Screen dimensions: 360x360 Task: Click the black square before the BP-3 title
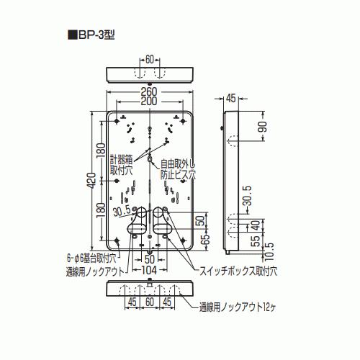(x=73, y=35)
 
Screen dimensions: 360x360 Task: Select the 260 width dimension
(x=149, y=91)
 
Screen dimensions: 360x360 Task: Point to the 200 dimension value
(x=149, y=102)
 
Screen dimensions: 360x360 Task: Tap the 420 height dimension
(x=92, y=181)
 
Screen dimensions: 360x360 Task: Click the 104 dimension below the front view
(x=148, y=271)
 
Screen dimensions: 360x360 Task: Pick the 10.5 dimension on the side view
(x=270, y=251)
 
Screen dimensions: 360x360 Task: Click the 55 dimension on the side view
(x=257, y=240)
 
